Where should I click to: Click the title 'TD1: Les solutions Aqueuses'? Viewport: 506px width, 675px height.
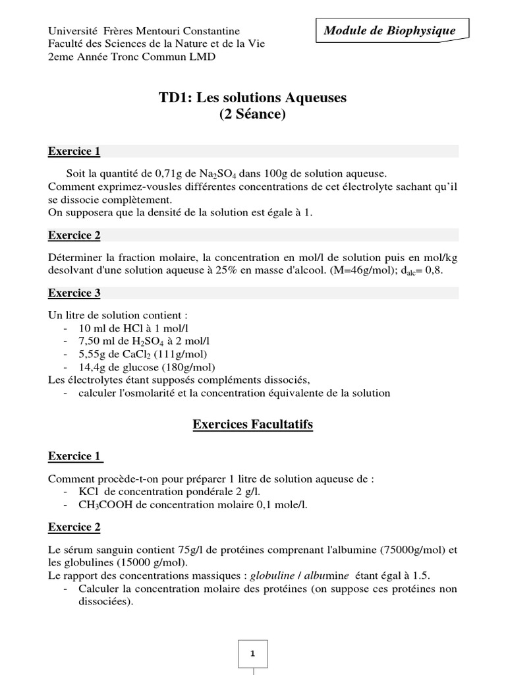(252, 98)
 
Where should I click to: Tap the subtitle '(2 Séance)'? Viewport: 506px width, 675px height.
(252, 115)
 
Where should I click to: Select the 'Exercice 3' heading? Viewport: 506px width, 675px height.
(74, 293)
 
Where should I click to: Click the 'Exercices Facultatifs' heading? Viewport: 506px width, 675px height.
(252, 425)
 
